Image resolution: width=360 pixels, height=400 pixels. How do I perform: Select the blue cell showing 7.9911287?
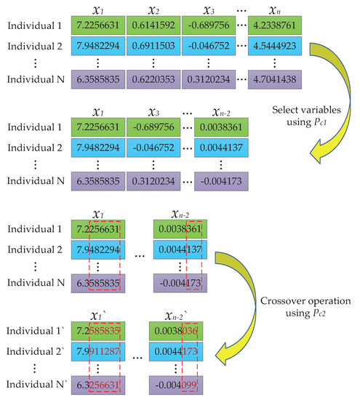pyautogui.click(x=102, y=352)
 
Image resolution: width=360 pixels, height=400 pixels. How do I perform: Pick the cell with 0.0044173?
pyautogui.click(x=181, y=352)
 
